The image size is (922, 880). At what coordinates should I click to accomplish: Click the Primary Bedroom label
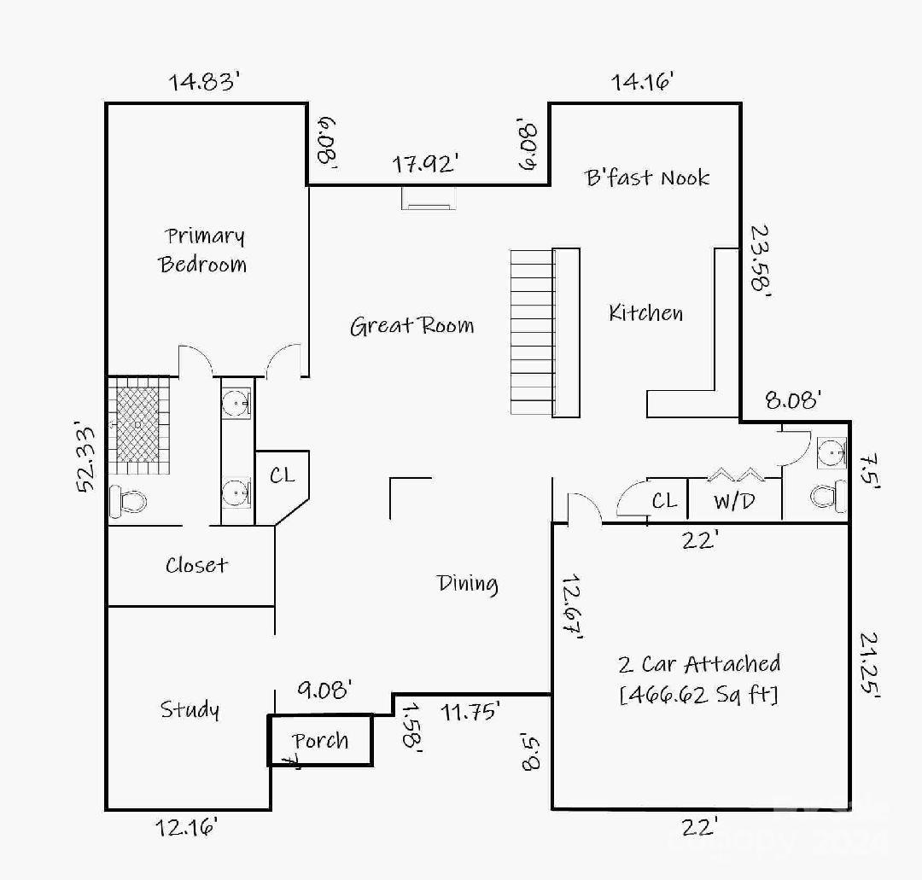click(203, 250)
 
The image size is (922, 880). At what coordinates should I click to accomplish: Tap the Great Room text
click(411, 325)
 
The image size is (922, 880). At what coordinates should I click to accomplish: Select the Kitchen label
click(645, 312)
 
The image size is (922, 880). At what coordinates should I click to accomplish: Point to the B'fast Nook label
click(647, 177)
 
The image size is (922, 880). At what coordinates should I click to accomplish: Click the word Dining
click(467, 583)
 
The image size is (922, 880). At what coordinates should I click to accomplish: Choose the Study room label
click(190, 709)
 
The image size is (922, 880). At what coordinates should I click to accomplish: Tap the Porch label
click(320, 740)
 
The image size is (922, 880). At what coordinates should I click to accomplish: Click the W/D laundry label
click(734, 501)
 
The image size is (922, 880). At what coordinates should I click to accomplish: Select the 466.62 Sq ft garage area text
click(698, 695)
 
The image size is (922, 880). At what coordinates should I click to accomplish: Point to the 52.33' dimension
click(86, 456)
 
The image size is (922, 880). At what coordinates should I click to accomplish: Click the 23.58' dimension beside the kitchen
click(760, 259)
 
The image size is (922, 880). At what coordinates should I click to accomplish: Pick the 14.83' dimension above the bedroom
click(205, 82)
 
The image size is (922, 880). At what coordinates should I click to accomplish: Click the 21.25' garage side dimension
click(869, 665)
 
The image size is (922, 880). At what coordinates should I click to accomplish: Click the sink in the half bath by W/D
click(831, 451)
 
